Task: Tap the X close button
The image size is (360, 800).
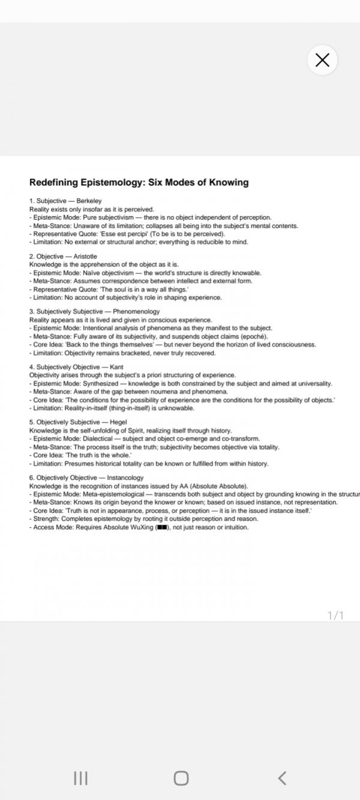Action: click(x=322, y=60)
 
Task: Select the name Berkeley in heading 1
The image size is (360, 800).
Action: click(x=89, y=200)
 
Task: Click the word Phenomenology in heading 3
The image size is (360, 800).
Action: click(x=136, y=311)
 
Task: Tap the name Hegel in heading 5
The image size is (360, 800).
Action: click(x=119, y=422)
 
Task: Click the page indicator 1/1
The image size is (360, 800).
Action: click(x=335, y=615)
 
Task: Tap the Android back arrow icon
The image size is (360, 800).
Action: click(x=282, y=778)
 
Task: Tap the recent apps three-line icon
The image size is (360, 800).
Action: click(x=80, y=778)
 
